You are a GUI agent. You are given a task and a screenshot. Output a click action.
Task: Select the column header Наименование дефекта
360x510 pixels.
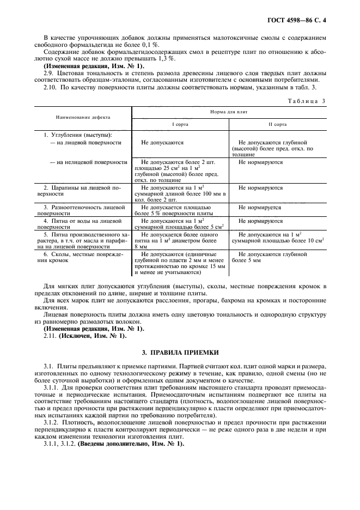coord(82,117)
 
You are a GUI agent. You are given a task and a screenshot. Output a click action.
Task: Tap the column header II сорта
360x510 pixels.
coord(277,124)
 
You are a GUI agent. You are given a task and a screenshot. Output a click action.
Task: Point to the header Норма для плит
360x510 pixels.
coord(225,112)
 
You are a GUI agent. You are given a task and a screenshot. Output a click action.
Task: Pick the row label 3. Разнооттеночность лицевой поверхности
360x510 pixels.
coord(82,211)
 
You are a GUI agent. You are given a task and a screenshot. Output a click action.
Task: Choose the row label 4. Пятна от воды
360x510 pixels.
coord(82,224)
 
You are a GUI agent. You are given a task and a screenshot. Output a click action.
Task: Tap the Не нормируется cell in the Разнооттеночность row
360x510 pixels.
coord(260,208)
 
